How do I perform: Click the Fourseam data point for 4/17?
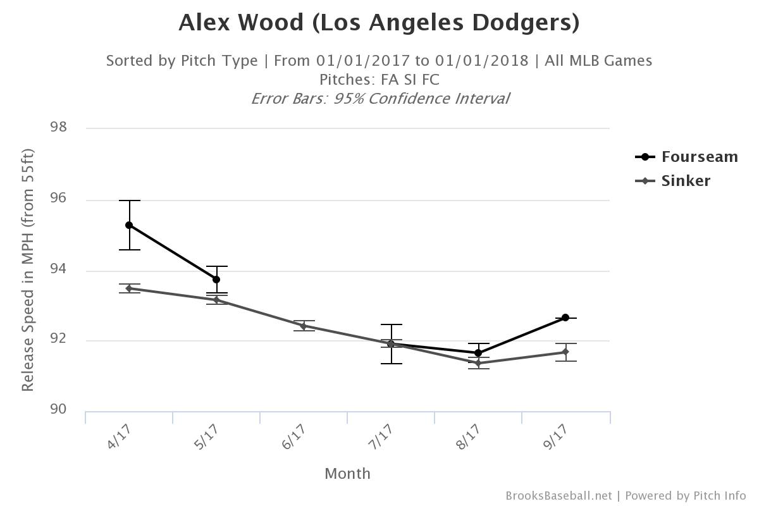click(x=129, y=225)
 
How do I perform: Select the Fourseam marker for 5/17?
click(x=216, y=279)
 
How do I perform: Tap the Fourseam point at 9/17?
click(x=565, y=318)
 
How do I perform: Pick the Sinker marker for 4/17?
click(x=129, y=288)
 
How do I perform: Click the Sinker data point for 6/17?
click(x=304, y=326)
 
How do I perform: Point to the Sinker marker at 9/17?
click(x=565, y=352)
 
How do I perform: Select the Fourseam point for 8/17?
click(x=478, y=352)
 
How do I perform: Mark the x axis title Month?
click(x=347, y=473)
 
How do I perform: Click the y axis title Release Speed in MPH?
click(x=27, y=270)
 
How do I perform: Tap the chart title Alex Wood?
click(x=379, y=23)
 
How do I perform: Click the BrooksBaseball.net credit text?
click(x=558, y=495)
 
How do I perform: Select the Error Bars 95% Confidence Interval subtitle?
click(x=379, y=99)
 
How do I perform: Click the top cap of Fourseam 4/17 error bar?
click(x=129, y=201)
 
